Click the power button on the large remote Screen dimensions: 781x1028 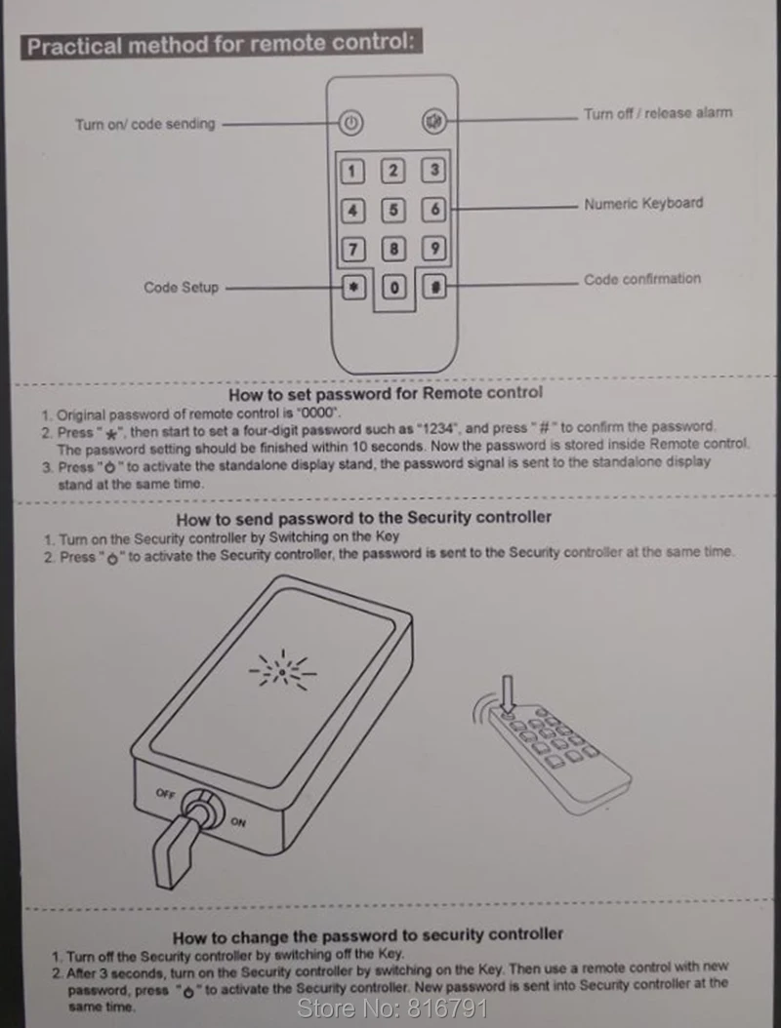tap(351, 123)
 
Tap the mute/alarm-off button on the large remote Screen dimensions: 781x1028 tap(433, 121)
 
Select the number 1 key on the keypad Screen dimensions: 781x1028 tap(352, 172)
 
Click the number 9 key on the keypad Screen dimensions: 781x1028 tap(433, 249)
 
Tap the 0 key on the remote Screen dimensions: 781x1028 tap(393, 287)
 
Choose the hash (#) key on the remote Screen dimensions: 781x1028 tap(434, 286)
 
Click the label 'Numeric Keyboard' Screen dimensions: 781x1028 tap(643, 203)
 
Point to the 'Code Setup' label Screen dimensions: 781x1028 tap(182, 287)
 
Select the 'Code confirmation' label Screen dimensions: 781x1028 tap(642, 279)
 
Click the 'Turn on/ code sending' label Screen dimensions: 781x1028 tap(145, 124)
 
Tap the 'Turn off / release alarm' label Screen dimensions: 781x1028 tap(658, 113)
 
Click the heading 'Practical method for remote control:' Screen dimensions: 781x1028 tap(222, 44)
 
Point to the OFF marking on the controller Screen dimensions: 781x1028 tap(165, 793)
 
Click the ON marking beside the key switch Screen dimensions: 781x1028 tap(238, 821)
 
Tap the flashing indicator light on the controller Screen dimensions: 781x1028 tap(283, 671)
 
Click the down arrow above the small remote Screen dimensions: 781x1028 tap(507, 694)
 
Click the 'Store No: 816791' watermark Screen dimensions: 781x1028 tap(392, 1008)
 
